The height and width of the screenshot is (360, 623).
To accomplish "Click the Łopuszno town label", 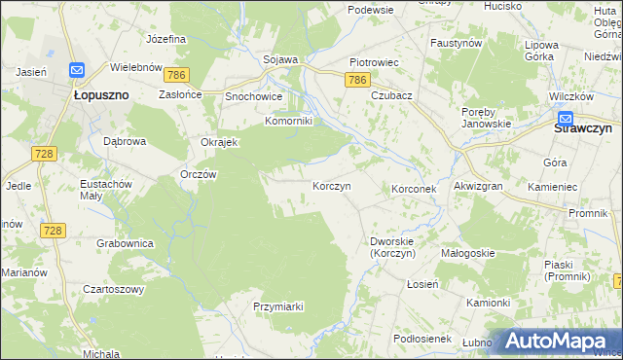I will coord(102,96).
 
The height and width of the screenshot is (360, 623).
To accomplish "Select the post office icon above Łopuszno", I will coord(77,71).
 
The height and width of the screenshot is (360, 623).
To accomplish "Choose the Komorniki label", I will coord(289,122).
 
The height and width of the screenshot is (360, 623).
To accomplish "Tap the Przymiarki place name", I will coord(278,306).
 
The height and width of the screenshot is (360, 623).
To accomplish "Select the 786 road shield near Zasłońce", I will coord(176,74).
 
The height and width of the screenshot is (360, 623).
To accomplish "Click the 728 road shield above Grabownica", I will coord(53,229).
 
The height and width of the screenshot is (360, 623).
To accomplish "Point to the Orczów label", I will coord(198,174).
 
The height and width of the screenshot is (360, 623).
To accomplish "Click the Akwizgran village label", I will coord(477,186).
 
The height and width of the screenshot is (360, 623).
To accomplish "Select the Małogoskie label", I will coord(467,253).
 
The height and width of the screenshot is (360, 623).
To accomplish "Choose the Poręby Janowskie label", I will coord(487,118).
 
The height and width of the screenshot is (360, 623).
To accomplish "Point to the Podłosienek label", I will coord(420,338).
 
